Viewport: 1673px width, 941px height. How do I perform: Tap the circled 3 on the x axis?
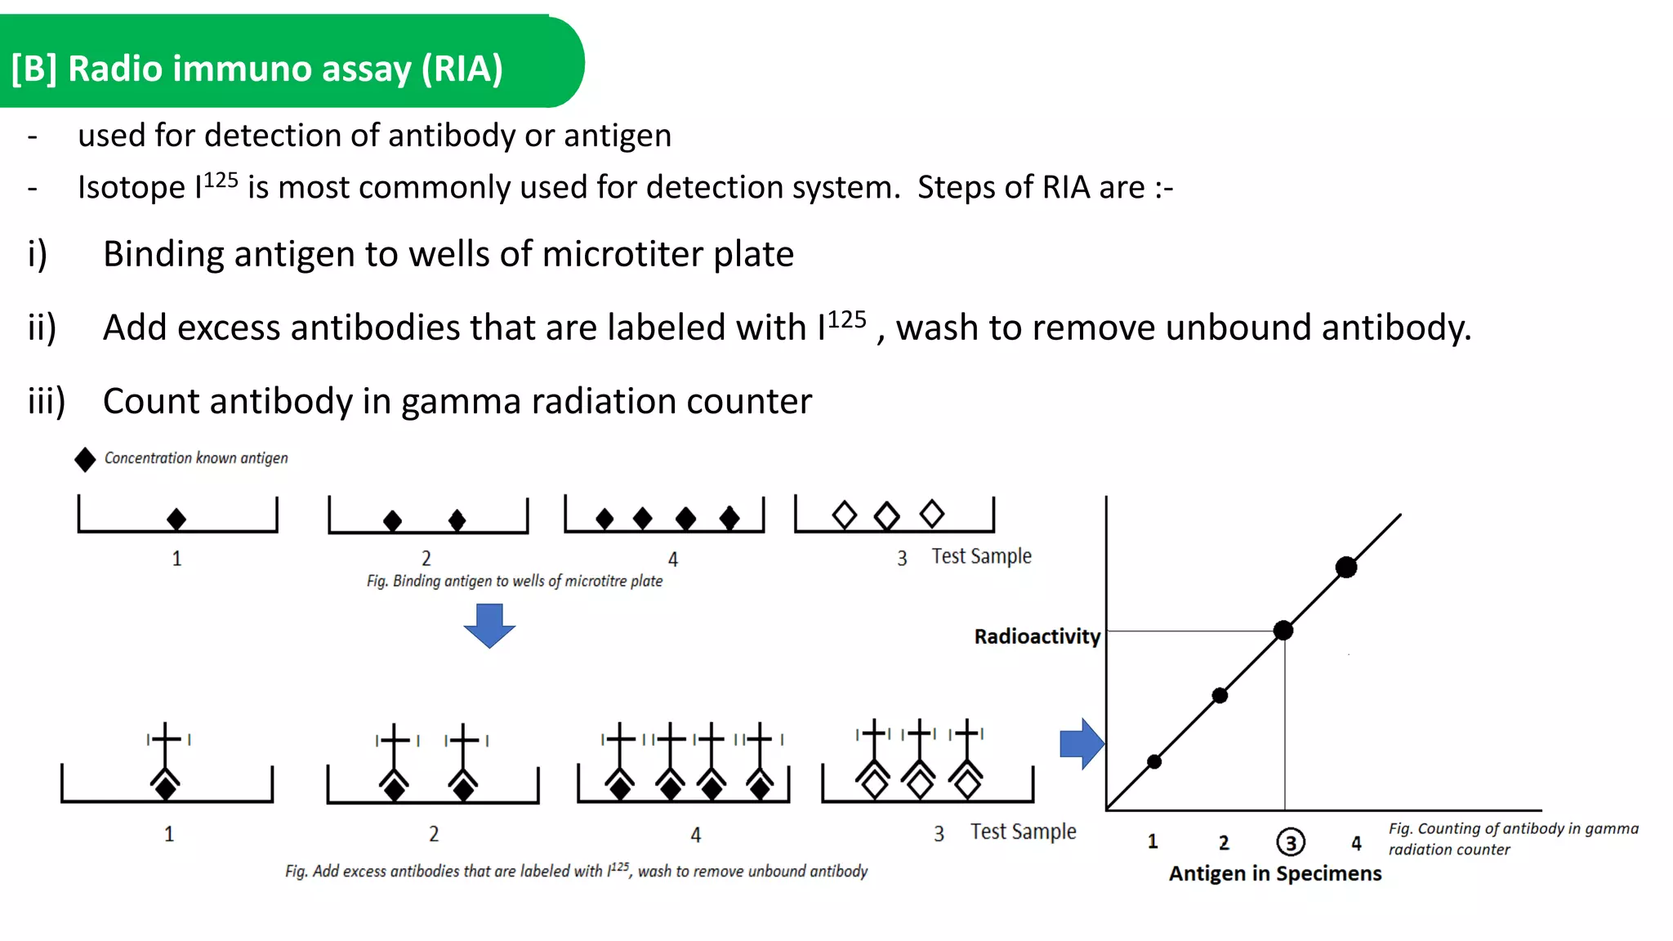click(x=1291, y=842)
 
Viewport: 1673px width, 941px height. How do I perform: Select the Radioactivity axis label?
click(x=1037, y=636)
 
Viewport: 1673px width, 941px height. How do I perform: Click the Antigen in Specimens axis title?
click(x=1274, y=873)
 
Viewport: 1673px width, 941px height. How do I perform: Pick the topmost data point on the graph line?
click(x=1346, y=567)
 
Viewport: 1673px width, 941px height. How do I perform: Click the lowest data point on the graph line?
click(x=1154, y=761)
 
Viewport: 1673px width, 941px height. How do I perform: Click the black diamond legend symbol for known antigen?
click(x=85, y=460)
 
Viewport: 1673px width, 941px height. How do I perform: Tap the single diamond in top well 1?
click(x=176, y=519)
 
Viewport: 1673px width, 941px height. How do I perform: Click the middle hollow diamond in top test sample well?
click(x=886, y=516)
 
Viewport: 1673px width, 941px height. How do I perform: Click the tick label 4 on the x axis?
click(x=1356, y=842)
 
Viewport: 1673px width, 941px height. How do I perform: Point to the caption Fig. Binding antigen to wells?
click(x=514, y=581)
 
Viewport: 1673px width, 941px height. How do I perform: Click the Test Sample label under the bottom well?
click(x=1023, y=832)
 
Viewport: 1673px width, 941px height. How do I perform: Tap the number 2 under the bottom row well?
click(x=434, y=834)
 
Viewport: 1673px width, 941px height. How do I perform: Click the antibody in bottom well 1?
click(x=167, y=760)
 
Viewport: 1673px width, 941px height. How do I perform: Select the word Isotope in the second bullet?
click(x=131, y=188)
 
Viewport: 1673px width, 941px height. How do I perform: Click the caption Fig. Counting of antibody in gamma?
click(x=1513, y=838)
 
